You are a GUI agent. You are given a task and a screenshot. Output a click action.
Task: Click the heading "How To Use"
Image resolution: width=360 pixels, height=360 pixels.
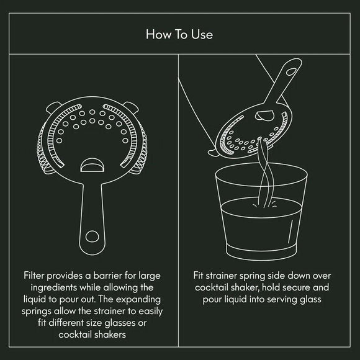(179, 34)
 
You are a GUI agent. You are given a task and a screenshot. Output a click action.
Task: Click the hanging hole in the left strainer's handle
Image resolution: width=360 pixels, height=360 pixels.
(92, 236)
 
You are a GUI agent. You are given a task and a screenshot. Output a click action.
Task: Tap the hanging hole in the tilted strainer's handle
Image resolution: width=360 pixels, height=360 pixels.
(292, 71)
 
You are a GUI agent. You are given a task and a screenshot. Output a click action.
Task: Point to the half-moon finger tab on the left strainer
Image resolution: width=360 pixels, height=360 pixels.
(92, 165)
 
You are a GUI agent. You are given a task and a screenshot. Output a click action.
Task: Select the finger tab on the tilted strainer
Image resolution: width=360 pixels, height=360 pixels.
(264, 115)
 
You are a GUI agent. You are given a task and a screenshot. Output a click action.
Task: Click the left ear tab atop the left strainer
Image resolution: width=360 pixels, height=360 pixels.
(53, 107)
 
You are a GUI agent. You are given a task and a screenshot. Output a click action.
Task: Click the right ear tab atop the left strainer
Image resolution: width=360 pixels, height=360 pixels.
(132, 107)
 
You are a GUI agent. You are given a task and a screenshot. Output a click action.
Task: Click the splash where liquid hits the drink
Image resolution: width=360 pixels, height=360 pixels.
(264, 204)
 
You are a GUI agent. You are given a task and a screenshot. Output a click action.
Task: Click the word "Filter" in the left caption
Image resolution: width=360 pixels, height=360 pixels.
(34, 276)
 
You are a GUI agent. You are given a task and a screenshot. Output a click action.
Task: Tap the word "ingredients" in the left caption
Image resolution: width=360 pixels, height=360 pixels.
(54, 287)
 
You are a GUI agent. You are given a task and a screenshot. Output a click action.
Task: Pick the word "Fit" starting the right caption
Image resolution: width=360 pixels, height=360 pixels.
(198, 276)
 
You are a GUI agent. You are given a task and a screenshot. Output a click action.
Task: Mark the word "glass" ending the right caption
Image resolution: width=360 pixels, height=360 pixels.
(310, 300)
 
